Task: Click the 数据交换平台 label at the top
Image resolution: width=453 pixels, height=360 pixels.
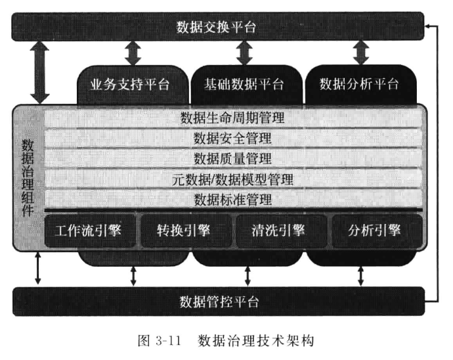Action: (x=216, y=28)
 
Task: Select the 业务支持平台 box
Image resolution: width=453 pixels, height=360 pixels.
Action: (x=133, y=85)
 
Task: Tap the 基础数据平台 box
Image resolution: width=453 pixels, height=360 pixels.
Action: (x=246, y=85)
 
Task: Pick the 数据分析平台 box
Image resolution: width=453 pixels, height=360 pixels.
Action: (x=360, y=85)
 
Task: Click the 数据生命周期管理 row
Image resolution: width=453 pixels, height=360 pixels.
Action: (x=233, y=118)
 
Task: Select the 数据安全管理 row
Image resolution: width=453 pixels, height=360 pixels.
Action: (x=233, y=138)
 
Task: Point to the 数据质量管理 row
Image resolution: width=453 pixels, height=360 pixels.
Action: (x=233, y=158)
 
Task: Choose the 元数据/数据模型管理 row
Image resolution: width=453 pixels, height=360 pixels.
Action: (x=233, y=179)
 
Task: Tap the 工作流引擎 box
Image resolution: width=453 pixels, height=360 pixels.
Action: (x=90, y=231)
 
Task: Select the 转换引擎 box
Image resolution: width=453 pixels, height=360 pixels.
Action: (x=186, y=231)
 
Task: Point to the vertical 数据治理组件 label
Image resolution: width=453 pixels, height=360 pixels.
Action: (x=28, y=177)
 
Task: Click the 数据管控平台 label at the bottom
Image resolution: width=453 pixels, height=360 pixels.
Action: (x=219, y=302)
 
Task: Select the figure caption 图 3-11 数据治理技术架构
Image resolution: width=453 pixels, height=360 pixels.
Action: (x=226, y=340)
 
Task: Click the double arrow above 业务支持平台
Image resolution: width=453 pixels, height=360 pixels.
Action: (x=133, y=53)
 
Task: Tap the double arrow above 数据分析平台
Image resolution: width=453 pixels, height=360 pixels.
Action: (x=361, y=53)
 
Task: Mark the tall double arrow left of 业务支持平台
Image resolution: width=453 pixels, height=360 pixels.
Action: (x=39, y=72)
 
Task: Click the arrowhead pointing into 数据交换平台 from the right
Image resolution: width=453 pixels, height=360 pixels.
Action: (x=427, y=26)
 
